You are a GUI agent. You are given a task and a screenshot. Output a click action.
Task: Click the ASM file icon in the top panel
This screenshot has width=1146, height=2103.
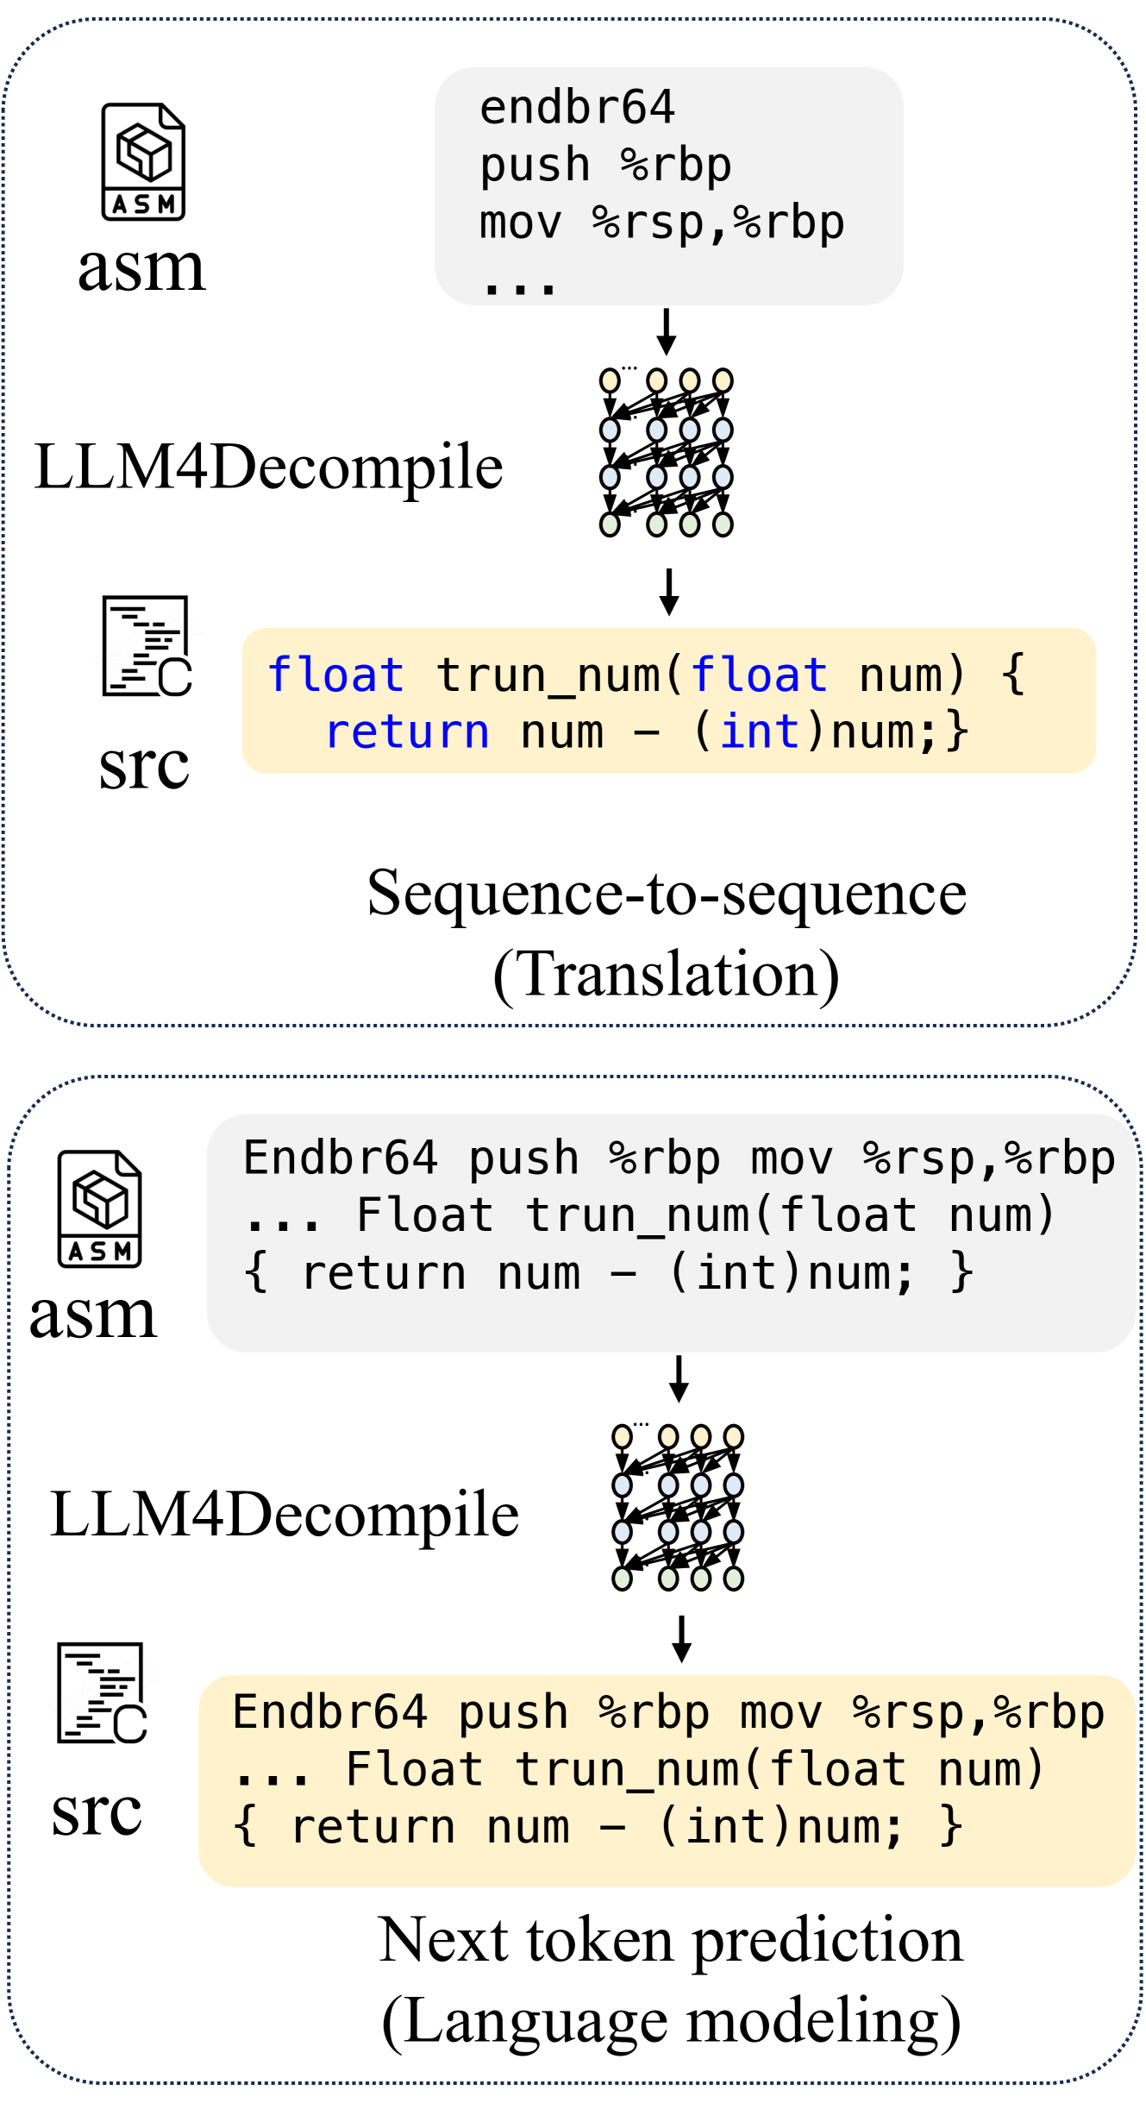point(143,162)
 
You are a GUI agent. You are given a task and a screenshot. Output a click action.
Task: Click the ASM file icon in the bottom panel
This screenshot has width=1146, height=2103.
point(99,1208)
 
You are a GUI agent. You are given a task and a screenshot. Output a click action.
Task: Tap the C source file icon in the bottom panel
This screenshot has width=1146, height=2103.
point(102,1693)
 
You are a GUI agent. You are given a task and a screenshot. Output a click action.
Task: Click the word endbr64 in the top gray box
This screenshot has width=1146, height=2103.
point(577,109)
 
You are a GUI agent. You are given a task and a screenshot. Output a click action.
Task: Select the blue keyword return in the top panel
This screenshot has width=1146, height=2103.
point(407,732)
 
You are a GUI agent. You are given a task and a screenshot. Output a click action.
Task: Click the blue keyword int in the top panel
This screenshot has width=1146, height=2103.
point(760,732)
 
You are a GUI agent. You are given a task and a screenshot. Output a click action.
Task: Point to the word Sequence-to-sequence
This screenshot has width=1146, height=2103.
point(667,894)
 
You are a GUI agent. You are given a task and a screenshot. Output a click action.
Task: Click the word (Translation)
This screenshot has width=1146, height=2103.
point(667,975)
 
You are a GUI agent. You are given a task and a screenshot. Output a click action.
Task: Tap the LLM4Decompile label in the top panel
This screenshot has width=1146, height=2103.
point(268,467)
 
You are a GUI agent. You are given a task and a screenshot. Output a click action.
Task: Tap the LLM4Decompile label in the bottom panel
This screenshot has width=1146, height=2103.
point(285,1514)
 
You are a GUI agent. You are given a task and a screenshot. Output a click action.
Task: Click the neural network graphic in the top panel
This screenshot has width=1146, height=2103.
point(666,452)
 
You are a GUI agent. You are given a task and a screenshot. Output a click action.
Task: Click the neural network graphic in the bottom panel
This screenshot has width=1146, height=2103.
point(678,1508)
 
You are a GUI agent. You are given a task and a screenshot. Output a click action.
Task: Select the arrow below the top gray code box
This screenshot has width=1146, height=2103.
point(666,332)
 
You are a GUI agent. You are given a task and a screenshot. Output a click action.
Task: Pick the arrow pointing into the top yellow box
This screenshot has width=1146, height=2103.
point(668,592)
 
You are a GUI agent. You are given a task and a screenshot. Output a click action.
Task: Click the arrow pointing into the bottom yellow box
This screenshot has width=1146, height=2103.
point(681,1639)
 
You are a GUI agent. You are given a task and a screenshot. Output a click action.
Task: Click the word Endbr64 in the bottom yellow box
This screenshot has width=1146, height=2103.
point(330,1712)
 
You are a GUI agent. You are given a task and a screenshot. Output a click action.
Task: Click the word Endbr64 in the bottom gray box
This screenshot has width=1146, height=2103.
point(341,1158)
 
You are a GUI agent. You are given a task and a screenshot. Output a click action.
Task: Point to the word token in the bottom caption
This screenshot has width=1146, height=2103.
point(599,1941)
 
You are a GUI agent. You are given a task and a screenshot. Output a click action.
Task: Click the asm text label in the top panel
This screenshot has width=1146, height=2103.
point(142,267)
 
